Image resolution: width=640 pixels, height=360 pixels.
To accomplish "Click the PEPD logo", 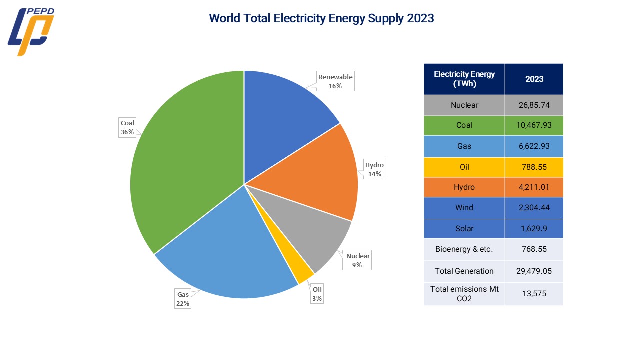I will tap(31, 31).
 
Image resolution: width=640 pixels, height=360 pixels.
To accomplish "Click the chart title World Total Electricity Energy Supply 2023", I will tap(321, 18).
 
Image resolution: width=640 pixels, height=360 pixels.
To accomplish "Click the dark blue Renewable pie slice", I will tap(280, 115).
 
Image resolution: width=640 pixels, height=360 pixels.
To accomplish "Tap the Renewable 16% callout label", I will tap(335, 81).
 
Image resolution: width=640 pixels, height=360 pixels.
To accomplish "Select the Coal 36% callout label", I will tap(128, 127).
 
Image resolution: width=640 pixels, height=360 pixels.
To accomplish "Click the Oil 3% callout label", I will tap(317, 294).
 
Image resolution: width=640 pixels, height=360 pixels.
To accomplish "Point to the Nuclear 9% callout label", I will tap(357, 260).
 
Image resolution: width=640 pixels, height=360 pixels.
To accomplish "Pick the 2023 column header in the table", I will tap(534, 79).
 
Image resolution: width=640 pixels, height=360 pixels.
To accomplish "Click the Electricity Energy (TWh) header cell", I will tap(464, 79).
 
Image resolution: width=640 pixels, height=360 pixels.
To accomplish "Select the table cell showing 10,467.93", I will tap(534, 125).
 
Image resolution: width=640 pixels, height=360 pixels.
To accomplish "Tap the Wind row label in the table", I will tap(464, 208).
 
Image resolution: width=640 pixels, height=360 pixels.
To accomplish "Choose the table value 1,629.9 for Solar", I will tap(534, 229).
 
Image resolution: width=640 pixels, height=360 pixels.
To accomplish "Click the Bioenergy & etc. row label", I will tap(464, 249).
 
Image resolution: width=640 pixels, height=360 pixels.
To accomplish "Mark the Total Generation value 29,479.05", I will tap(534, 271).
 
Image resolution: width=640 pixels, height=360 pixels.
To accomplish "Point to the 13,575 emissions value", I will tap(534, 294).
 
